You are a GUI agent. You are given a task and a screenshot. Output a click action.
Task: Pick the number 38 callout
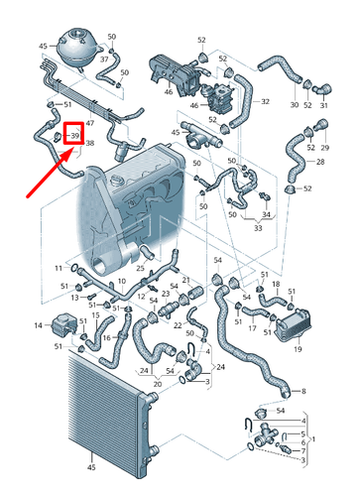click(x=90, y=144)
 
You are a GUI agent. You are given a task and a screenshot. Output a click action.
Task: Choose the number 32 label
click(x=265, y=101)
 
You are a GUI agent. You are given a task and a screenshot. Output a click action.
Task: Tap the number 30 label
click(x=295, y=104)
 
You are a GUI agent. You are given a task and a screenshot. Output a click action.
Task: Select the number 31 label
click(x=322, y=104)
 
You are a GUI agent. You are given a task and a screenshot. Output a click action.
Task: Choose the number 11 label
click(x=57, y=269)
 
